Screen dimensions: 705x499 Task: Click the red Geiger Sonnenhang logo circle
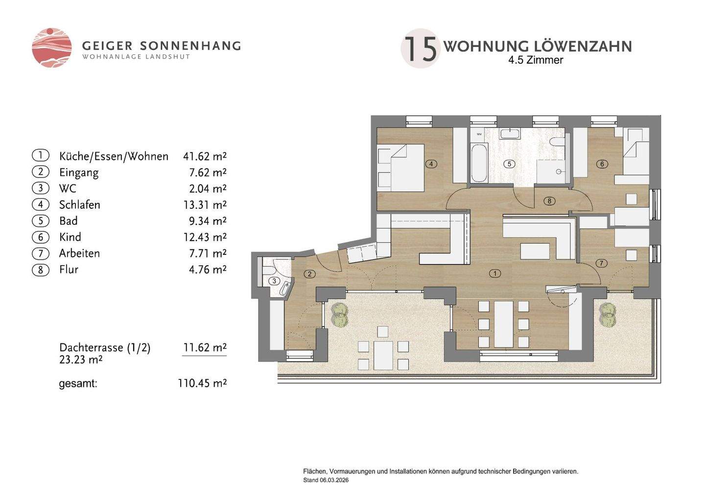[51, 48]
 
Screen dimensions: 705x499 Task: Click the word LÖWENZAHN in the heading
[584, 47]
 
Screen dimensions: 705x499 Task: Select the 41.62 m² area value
[205, 156]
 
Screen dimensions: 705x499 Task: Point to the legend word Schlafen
[80, 205]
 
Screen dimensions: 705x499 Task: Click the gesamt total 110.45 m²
[202, 383]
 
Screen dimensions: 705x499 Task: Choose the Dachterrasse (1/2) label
[105, 348]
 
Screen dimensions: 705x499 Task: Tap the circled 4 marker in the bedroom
[431, 164]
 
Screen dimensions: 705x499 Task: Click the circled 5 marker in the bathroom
[509, 164]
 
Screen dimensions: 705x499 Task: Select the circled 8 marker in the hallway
[549, 201]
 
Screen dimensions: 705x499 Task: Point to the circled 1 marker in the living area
[495, 274]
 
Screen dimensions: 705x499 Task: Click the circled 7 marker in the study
[601, 263]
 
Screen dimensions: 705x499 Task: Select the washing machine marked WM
[479, 134]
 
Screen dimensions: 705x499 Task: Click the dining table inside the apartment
[504, 324]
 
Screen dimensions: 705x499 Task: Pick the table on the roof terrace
[383, 355]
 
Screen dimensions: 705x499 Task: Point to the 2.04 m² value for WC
[208, 188]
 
